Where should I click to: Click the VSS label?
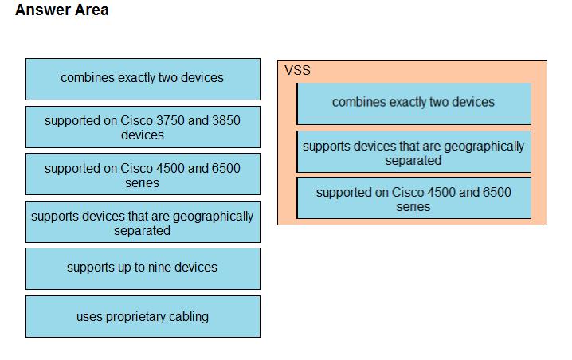[297, 70]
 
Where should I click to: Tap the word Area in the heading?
[92, 10]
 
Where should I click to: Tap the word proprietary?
[135, 317]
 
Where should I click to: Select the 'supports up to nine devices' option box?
[143, 269]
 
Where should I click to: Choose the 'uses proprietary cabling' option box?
[143, 317]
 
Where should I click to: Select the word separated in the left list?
[142, 230]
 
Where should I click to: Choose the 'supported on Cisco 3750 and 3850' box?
[143, 127]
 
